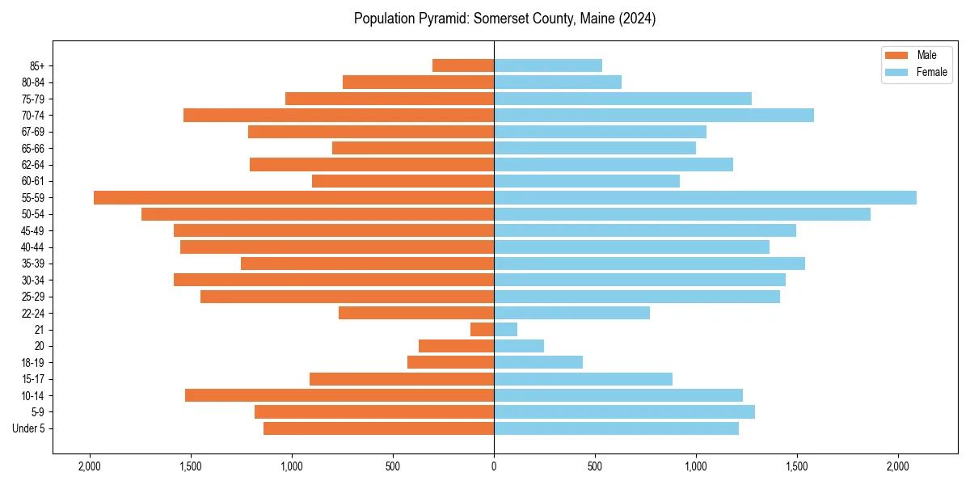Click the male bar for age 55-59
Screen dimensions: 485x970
(293, 197)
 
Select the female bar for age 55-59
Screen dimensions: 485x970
(705, 197)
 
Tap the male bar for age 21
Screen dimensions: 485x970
(482, 329)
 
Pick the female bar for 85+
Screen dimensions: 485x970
(548, 65)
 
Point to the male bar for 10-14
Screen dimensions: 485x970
(339, 395)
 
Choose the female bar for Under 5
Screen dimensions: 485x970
(616, 428)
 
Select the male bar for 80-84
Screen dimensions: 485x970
(418, 82)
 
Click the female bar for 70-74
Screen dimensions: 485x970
(654, 115)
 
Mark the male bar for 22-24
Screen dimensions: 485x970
(416, 313)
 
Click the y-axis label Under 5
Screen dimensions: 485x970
(29, 428)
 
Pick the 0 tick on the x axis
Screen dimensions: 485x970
(494, 466)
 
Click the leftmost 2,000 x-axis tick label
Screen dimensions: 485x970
(89, 466)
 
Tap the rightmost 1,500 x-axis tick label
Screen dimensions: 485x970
(797, 466)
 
